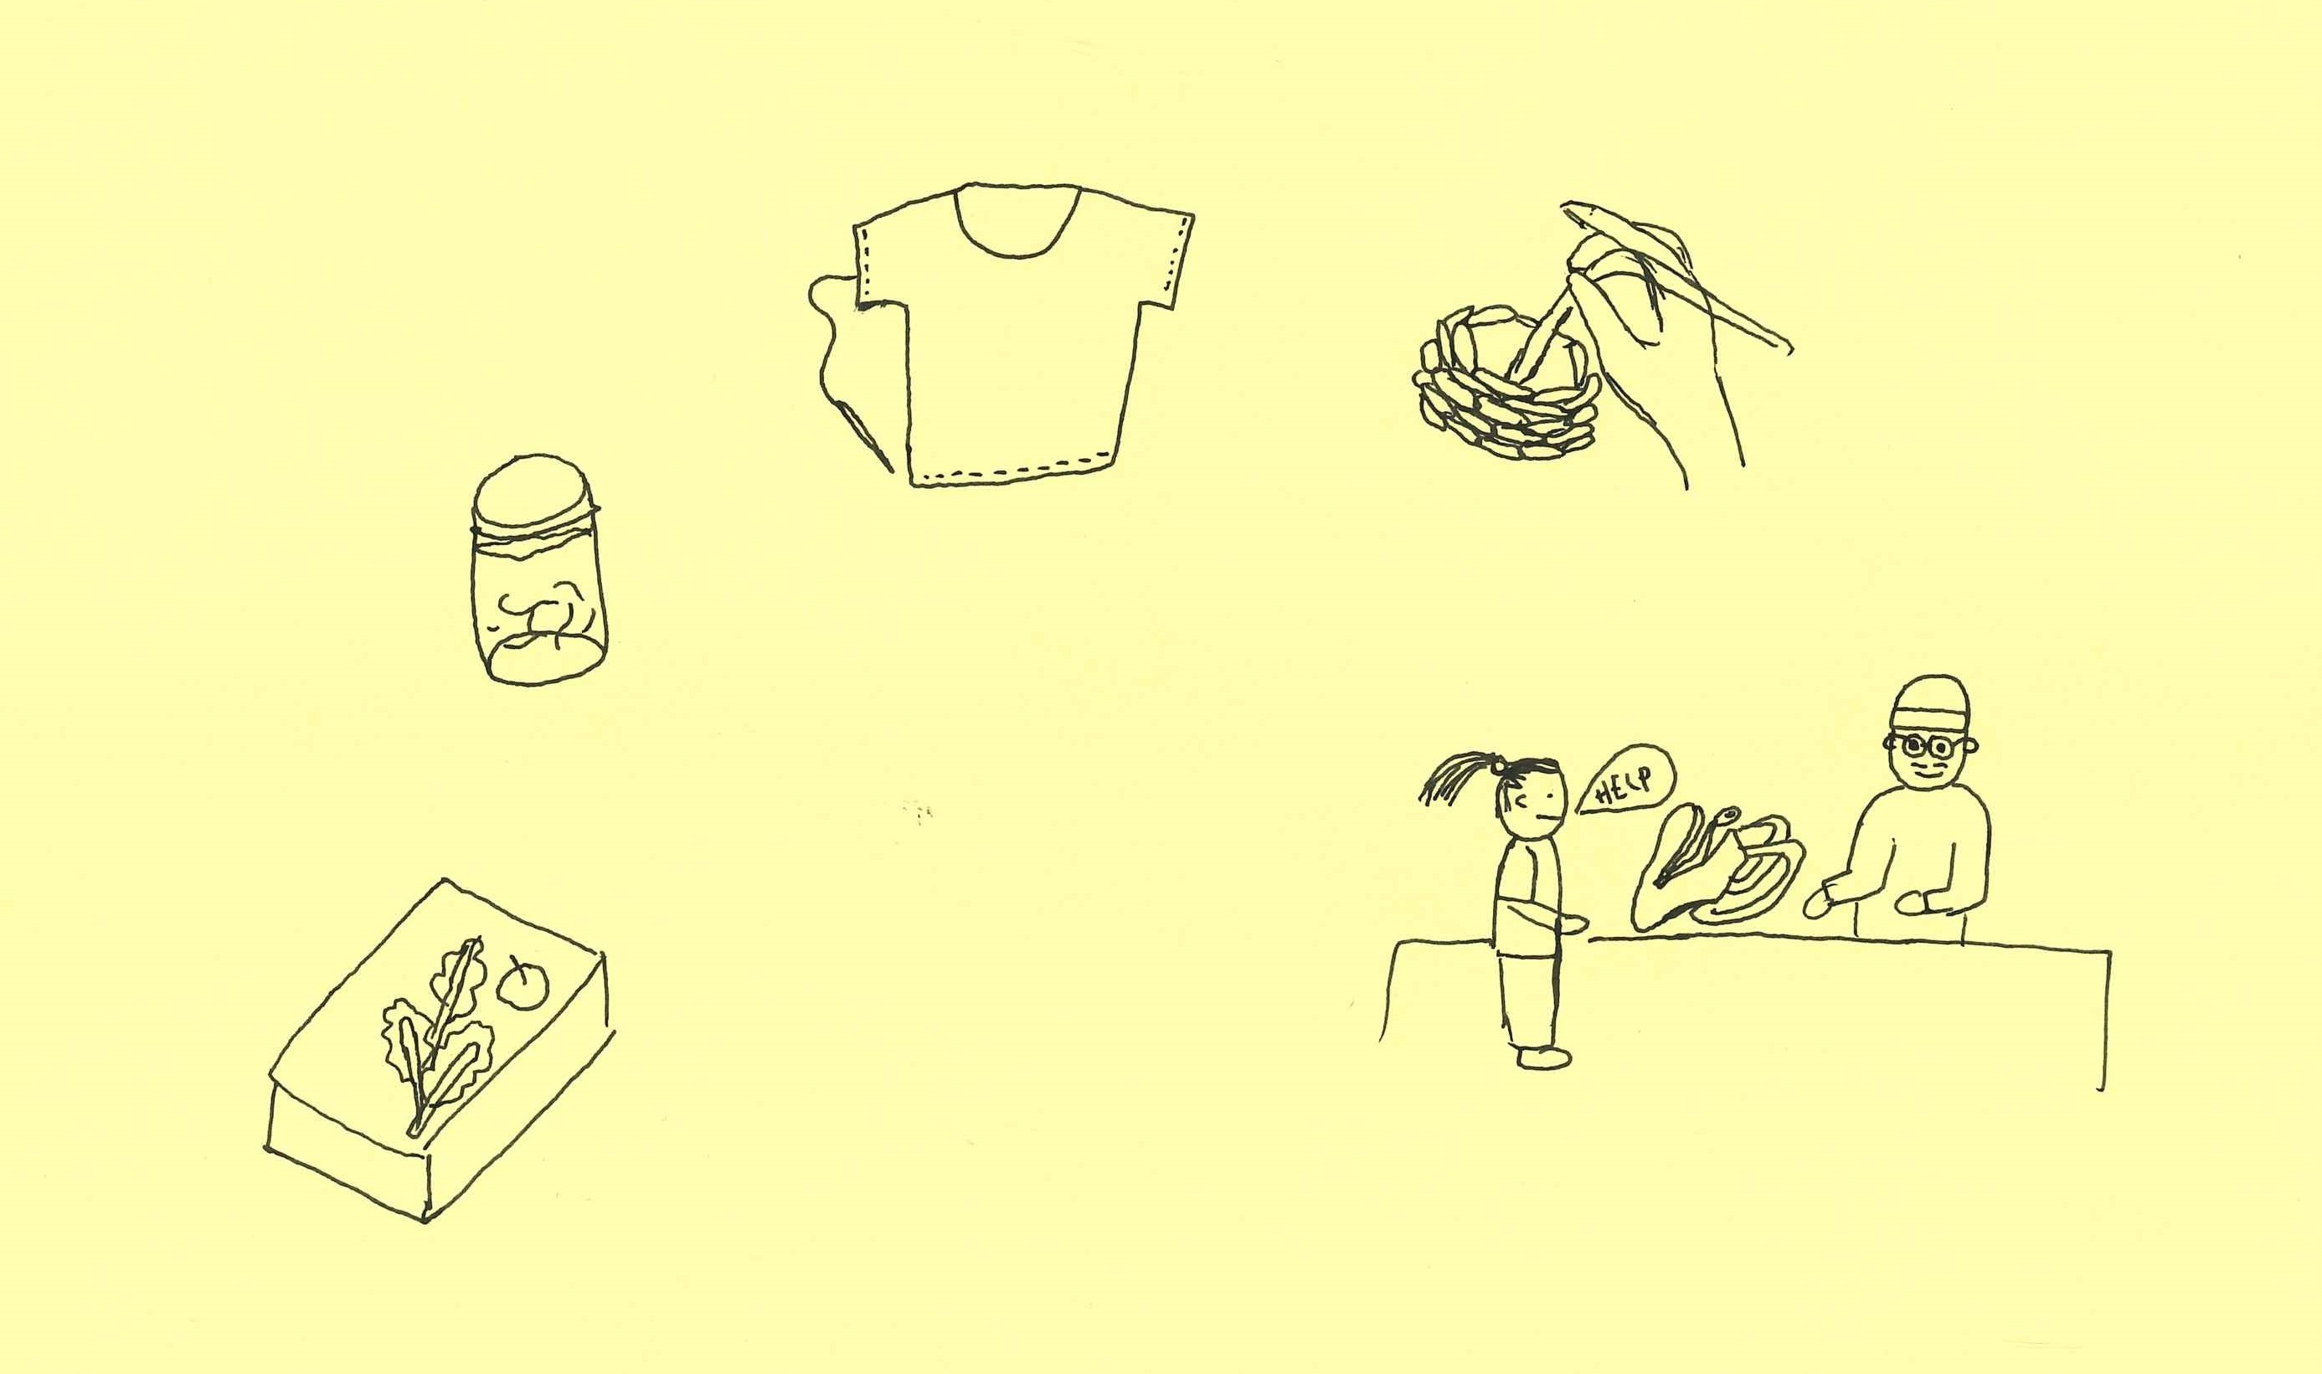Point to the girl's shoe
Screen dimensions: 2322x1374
1545,1058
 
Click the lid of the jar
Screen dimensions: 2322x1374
536,493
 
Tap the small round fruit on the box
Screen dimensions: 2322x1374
523,983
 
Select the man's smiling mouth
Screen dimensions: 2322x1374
1925,770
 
